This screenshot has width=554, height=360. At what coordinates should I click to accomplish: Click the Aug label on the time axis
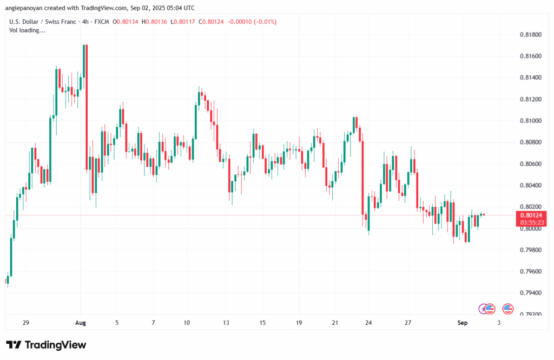coord(80,323)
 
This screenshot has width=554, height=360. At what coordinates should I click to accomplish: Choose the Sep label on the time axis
coord(462,323)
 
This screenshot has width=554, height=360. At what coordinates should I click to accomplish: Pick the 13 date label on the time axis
coord(226,323)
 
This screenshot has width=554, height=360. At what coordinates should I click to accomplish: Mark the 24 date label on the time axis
coord(368,323)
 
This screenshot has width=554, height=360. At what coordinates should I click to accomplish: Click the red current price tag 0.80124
coord(531,215)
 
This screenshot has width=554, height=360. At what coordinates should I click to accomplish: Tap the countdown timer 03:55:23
coord(531,222)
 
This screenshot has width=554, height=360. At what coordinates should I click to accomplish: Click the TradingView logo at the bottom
coord(46,345)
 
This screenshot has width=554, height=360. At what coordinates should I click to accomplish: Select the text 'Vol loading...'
coord(28,30)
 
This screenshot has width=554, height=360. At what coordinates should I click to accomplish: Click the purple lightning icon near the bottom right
coord(483,309)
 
